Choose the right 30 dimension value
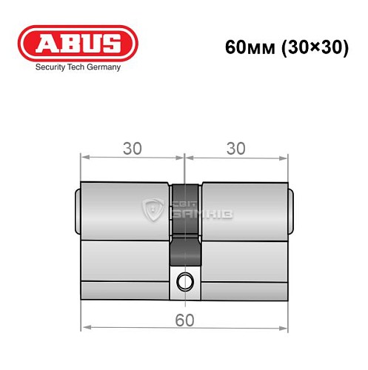point(235,148)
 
